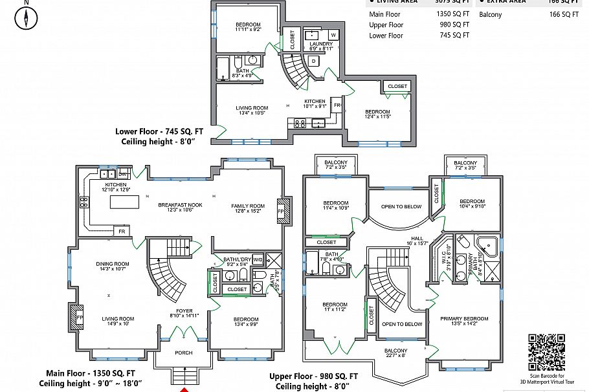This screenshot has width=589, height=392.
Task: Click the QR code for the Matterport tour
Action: pyautogui.click(x=547, y=351)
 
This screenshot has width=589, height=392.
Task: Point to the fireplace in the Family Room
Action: pyautogui.click(x=281, y=211)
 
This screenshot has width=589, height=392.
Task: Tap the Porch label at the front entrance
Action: pyautogui.click(x=184, y=353)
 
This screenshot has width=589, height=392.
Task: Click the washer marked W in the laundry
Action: pyautogui.click(x=333, y=34)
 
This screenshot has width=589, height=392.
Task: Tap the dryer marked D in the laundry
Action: pyautogui.click(x=313, y=61)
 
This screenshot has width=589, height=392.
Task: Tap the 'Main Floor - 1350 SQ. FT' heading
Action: pyautogui.click(x=91, y=373)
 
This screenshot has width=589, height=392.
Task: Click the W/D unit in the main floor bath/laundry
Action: pyautogui.click(x=257, y=261)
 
